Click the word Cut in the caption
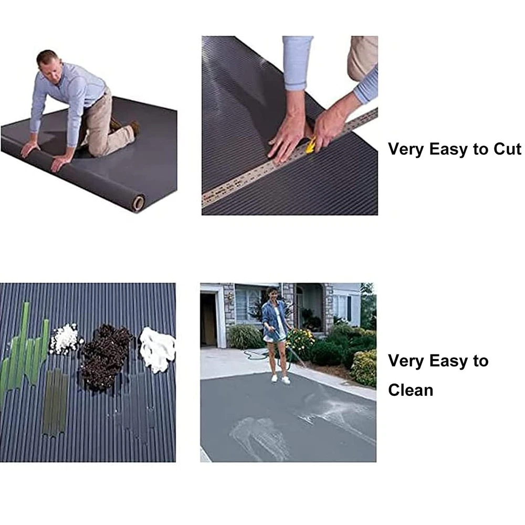(x=507, y=149)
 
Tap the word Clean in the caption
(x=411, y=390)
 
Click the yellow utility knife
(x=311, y=145)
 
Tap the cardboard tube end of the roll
(x=138, y=203)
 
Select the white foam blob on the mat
(x=157, y=350)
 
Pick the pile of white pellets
(x=65, y=339)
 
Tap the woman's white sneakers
(x=280, y=380)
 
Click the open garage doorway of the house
(x=209, y=320)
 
